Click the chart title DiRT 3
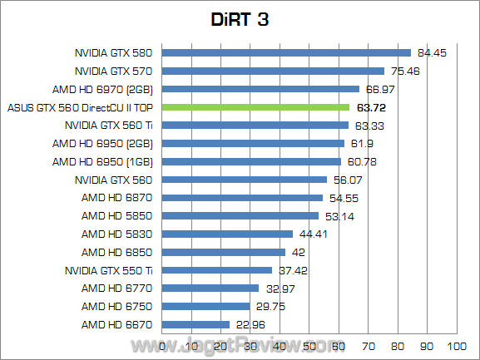click(x=240, y=19)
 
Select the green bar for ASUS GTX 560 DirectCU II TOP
click(x=256, y=107)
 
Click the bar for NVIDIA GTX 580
click(x=287, y=52)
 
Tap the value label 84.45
click(x=433, y=52)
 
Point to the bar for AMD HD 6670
click(x=196, y=324)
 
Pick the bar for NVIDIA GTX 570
click(x=274, y=71)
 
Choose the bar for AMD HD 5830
click(x=228, y=234)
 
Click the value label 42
click(x=299, y=252)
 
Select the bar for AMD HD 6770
click(x=211, y=288)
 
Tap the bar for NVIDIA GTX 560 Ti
click(x=255, y=126)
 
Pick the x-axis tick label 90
click(x=427, y=345)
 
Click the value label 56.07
click(x=348, y=180)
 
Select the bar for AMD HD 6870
click(x=243, y=198)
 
